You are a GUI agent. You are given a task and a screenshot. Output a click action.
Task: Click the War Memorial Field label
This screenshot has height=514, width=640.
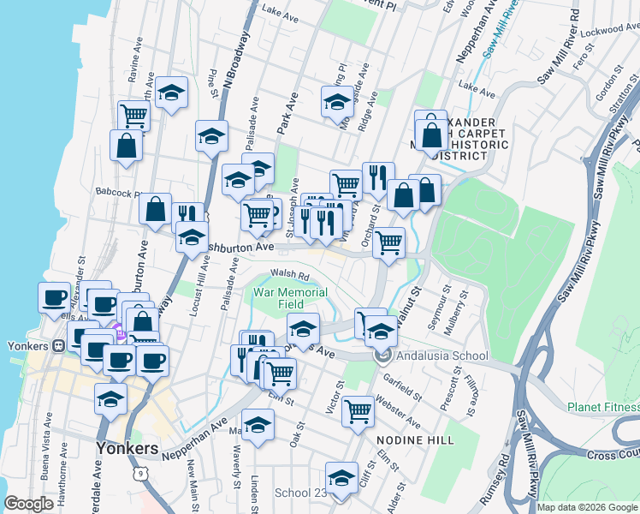pyautogui.click(x=290, y=298)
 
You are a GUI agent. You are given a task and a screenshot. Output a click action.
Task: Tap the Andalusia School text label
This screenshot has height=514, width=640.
pyautogui.click(x=442, y=356)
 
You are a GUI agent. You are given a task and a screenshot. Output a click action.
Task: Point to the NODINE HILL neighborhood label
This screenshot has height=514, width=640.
pyautogui.click(x=414, y=439)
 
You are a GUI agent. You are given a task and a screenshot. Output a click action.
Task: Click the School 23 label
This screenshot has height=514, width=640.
pyautogui.click(x=300, y=493)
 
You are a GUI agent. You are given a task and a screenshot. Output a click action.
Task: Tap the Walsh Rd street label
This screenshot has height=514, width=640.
pyautogui.click(x=289, y=275)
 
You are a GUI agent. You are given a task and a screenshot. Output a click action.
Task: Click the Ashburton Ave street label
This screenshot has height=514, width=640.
pyautogui.click(x=239, y=247)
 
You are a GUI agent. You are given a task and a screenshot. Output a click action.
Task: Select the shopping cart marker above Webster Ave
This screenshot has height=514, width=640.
pyautogui.click(x=358, y=410)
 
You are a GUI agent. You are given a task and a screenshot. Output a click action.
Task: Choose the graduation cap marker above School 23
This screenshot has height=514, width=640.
pyautogui.click(x=341, y=476)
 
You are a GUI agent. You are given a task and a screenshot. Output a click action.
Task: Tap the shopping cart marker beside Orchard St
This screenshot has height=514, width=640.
pyautogui.click(x=389, y=242)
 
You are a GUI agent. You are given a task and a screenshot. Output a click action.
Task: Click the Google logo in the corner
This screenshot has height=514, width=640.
pyautogui.click(x=29, y=505)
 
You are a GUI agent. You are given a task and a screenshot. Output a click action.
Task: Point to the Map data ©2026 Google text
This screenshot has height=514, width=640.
pyautogui.click(x=586, y=507)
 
